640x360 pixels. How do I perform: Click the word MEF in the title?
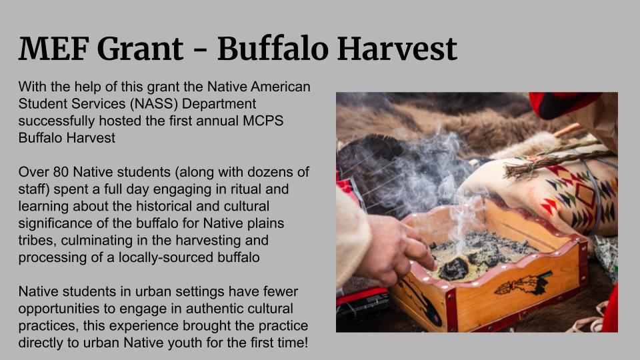tap(54, 49)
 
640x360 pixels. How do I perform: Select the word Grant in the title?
tap(141, 49)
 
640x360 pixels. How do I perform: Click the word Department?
tap(219, 104)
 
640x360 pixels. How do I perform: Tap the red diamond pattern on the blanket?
tap(586, 195)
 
